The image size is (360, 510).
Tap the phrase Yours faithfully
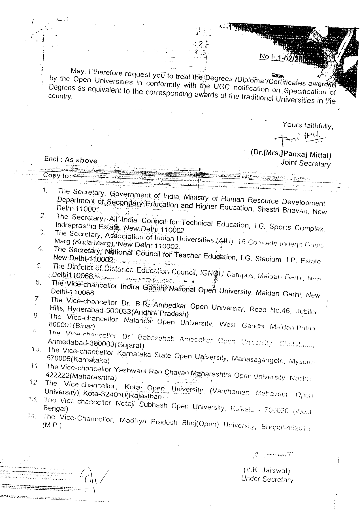[307, 125]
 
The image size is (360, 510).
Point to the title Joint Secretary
[305, 163]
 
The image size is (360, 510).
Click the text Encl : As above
[71, 160]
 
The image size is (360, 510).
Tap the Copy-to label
[56, 175]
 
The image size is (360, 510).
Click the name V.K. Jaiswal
[267, 471]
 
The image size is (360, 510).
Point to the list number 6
[39, 282]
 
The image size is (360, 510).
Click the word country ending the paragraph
[60, 96]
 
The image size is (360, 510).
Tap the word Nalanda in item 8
[138, 321]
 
